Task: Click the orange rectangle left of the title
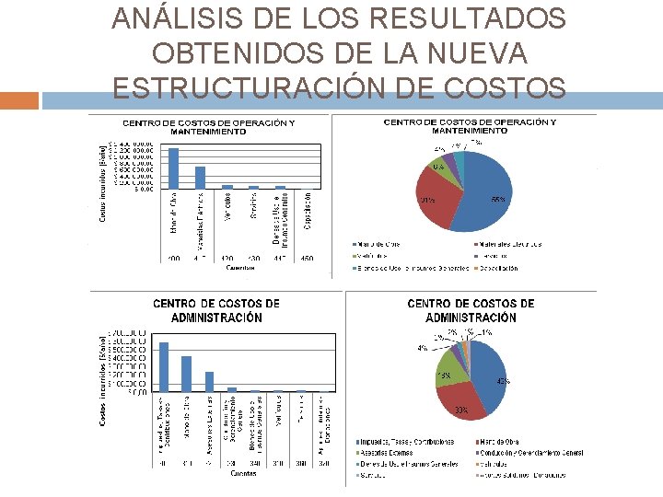pos(19,100)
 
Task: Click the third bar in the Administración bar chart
pos(209,381)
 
